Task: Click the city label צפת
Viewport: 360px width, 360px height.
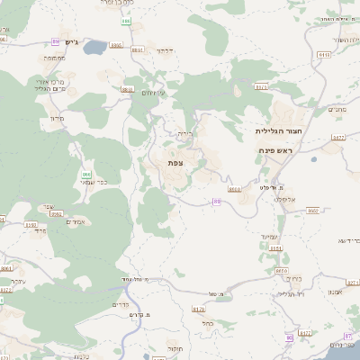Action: click(175, 163)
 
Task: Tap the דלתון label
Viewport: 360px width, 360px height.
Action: click(164, 51)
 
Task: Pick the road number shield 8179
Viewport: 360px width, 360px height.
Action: click(199, 310)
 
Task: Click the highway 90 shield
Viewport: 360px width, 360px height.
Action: click(350, 336)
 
